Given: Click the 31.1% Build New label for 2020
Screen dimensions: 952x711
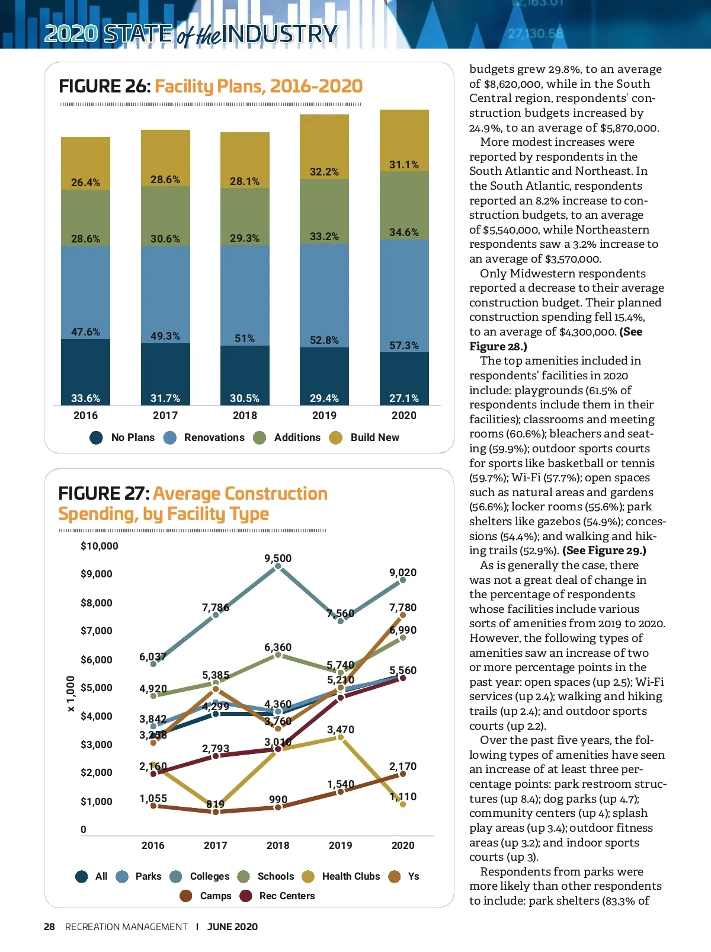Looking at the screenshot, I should tap(403, 164).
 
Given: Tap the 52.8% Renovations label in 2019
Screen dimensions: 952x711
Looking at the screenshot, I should tap(324, 340).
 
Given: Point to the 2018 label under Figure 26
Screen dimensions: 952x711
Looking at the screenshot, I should tap(245, 416).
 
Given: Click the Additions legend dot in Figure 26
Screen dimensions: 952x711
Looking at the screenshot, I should tap(260, 437).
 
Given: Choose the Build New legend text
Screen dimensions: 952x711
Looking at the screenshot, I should tap(374, 437).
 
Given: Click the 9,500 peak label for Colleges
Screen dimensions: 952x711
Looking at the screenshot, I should tap(278, 558).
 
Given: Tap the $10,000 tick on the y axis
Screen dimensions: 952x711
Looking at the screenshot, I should tap(100, 546).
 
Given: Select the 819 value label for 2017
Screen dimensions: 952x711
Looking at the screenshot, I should tap(215, 804).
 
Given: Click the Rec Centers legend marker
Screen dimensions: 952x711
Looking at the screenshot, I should tap(246, 896).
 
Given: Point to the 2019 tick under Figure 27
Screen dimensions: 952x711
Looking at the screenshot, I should tap(340, 845).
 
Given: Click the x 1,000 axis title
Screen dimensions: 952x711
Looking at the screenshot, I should tap(71, 694).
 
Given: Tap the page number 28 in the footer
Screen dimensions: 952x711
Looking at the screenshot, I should tap(49, 927).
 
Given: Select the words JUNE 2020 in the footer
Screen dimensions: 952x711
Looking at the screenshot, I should tap(232, 927).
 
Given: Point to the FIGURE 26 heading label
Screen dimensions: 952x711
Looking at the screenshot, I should tap(104, 87).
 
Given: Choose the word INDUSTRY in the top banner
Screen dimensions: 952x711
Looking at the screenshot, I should tap(281, 34).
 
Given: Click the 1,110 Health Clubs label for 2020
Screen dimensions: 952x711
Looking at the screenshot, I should tap(403, 797).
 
